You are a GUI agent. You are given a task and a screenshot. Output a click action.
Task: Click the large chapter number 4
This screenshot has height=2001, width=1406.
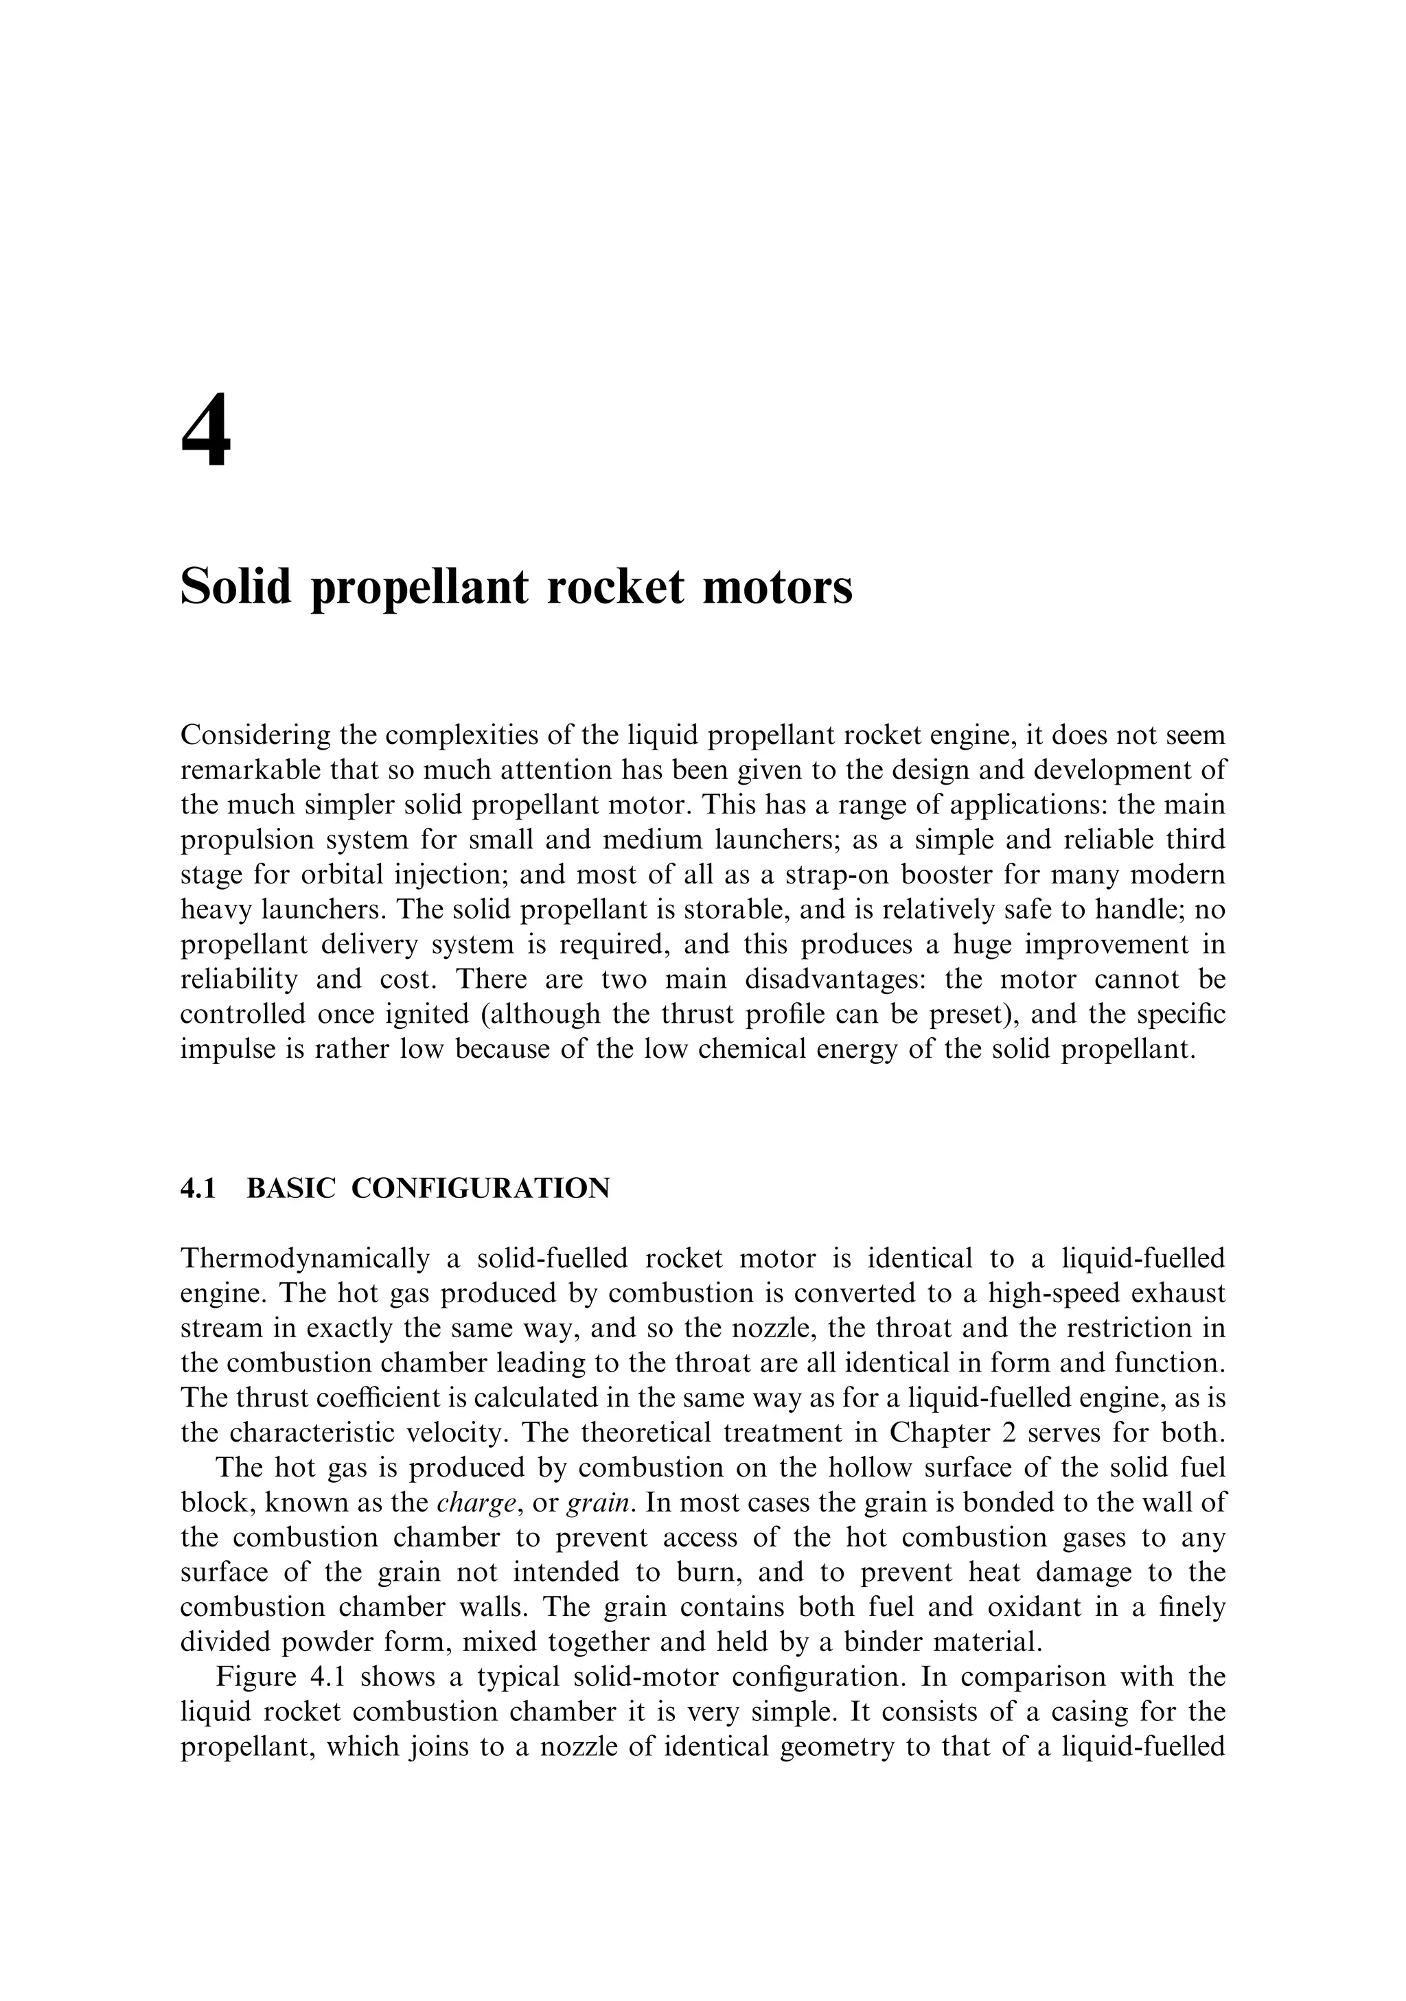207,431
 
